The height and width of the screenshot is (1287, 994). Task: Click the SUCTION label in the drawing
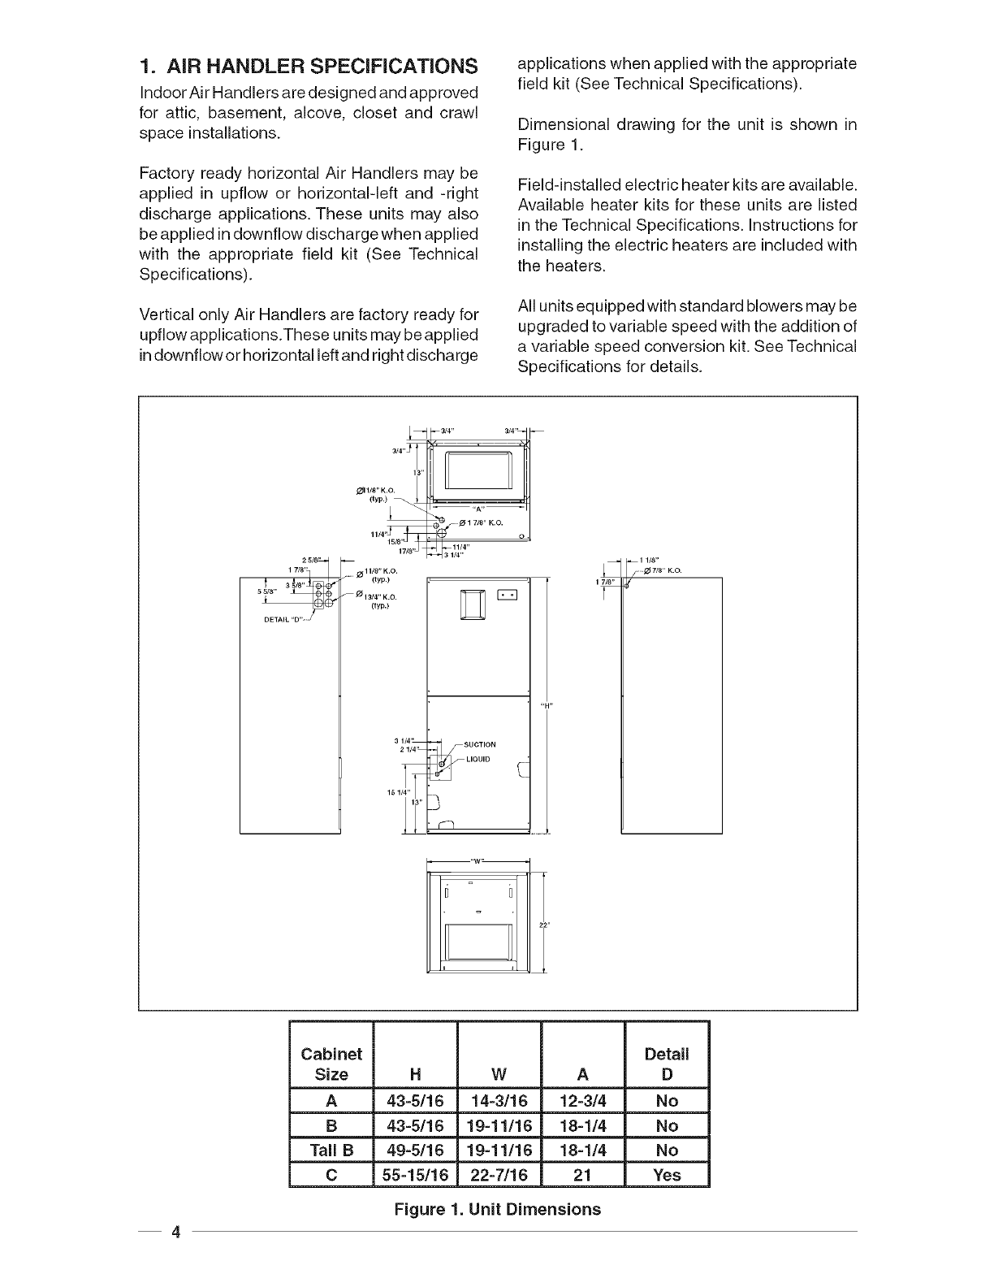(481, 744)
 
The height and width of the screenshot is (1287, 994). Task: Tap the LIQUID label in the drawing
(478, 760)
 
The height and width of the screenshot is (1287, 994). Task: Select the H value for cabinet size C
(415, 1175)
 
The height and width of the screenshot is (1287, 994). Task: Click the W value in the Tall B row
(499, 1150)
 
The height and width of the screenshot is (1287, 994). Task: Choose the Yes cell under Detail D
(667, 1175)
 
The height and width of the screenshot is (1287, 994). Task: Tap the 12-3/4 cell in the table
(582, 1101)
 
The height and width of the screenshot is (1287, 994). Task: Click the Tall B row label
(330, 1150)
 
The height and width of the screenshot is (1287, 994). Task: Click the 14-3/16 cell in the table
(499, 1101)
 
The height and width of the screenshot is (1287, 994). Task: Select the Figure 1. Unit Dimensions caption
(497, 1209)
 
